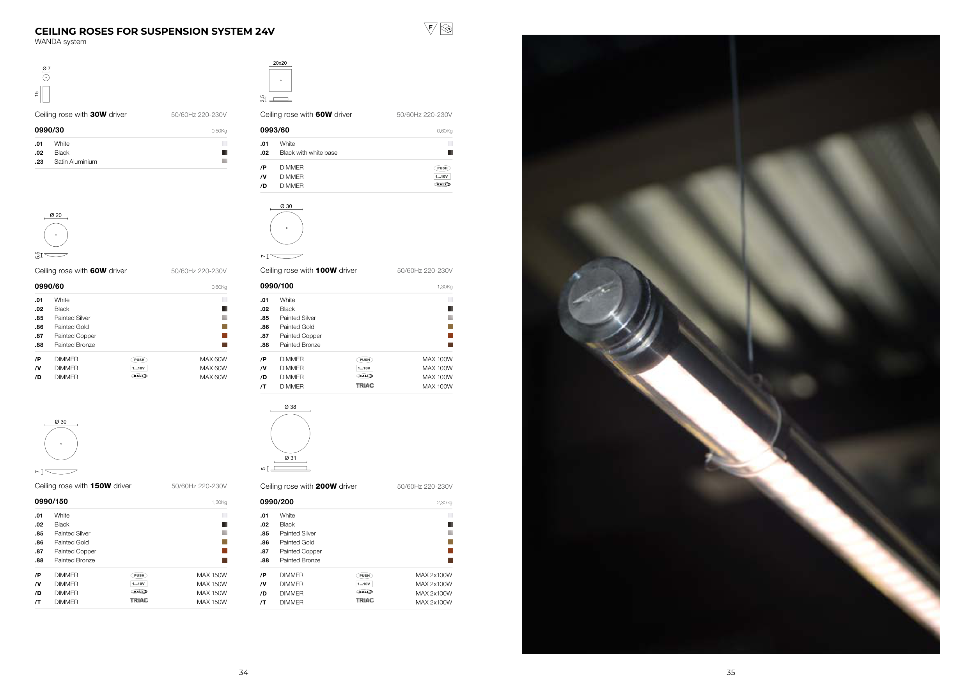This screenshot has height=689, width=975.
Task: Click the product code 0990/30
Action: coord(49,130)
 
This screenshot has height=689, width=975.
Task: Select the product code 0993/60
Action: coord(275,130)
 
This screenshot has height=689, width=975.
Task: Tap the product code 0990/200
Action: coord(277,502)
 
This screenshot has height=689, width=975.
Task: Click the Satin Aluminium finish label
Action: coord(76,162)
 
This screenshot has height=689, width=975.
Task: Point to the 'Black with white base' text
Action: coord(309,153)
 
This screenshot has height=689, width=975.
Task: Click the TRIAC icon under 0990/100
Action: coord(365,386)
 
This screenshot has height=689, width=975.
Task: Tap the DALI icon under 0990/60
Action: coord(139,376)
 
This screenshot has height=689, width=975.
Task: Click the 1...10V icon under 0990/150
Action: coord(139,584)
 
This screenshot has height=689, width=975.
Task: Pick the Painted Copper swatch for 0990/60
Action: coord(225,336)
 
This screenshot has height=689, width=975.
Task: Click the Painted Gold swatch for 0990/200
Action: coord(450,542)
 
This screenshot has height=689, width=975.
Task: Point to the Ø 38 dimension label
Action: coord(291,407)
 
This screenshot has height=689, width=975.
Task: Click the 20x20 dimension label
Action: coord(280,63)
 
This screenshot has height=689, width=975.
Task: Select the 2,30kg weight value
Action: coord(445,503)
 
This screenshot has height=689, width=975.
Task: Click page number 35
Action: coord(731,673)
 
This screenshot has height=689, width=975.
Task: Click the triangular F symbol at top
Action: coord(431,28)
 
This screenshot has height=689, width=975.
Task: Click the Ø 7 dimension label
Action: coord(46,68)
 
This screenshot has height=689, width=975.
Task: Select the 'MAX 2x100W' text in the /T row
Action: coord(434,602)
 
